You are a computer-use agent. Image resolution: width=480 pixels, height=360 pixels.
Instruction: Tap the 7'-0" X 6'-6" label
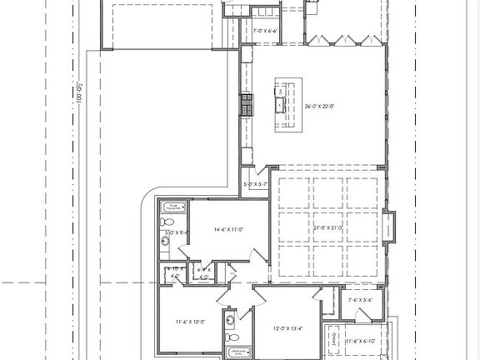click(266, 31)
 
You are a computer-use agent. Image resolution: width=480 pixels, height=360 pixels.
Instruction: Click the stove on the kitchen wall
click(247, 105)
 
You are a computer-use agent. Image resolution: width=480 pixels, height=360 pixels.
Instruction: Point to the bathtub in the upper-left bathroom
click(173, 207)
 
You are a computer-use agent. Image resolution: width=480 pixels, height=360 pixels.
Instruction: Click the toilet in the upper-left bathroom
click(167, 222)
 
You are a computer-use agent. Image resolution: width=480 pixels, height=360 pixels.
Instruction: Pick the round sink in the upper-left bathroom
click(165, 241)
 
